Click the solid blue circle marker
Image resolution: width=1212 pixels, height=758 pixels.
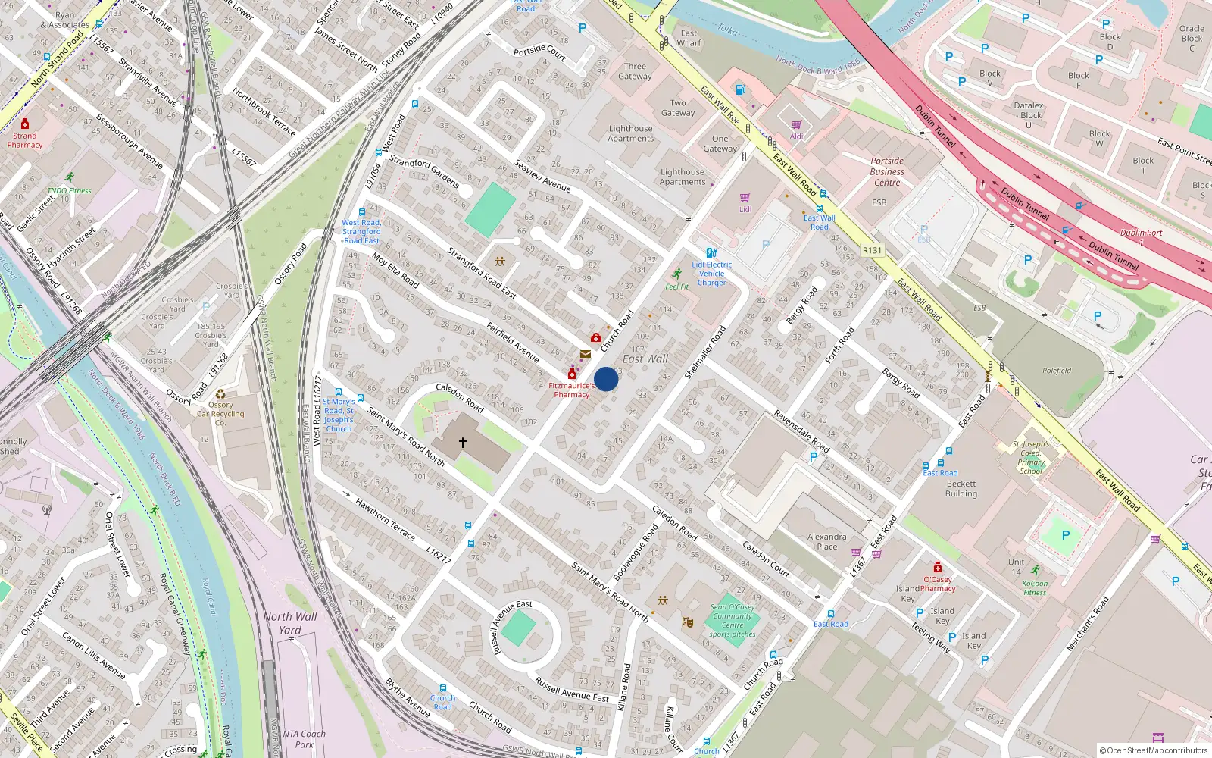click(x=606, y=379)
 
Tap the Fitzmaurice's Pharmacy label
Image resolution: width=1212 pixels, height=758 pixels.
click(x=571, y=390)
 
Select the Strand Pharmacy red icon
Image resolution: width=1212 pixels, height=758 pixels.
click(x=25, y=124)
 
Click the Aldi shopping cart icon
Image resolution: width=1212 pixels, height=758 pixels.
click(x=796, y=125)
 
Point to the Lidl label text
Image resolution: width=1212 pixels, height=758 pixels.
click(x=745, y=210)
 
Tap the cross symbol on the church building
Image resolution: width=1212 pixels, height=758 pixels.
click(x=462, y=442)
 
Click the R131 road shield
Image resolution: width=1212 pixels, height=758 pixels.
click(x=872, y=250)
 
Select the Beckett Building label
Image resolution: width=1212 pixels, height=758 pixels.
click(x=961, y=489)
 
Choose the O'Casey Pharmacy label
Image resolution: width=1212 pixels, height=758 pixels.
click(x=938, y=584)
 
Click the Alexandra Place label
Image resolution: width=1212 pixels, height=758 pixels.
click(x=827, y=541)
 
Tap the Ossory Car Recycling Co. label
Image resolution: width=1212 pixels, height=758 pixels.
click(x=220, y=414)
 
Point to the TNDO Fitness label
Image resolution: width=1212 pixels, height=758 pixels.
click(x=69, y=191)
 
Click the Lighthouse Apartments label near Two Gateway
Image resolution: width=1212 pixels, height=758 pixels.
click(x=630, y=133)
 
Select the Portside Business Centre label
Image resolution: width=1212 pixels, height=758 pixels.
click(x=887, y=172)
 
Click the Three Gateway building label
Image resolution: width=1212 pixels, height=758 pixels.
click(x=635, y=71)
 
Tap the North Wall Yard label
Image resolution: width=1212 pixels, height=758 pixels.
click(x=290, y=623)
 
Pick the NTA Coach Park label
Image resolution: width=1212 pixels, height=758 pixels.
click(x=304, y=739)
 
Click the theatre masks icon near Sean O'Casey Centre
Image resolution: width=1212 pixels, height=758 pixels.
click(x=688, y=622)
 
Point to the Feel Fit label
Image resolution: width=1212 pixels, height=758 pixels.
click(x=677, y=287)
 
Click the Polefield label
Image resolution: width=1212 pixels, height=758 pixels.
click(x=1057, y=371)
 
